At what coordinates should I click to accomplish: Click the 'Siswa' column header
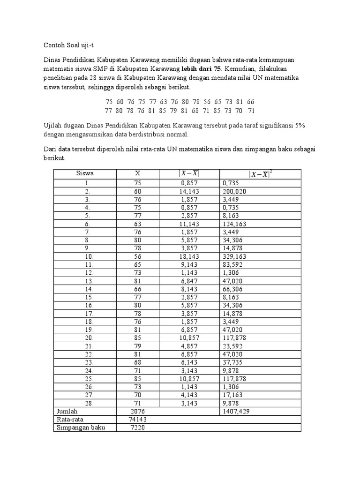point(85,173)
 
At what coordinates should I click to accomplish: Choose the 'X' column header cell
point(138,173)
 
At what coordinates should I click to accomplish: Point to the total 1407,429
point(237,411)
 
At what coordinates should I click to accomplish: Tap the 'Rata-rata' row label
point(69,420)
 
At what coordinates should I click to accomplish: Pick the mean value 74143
point(138,420)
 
